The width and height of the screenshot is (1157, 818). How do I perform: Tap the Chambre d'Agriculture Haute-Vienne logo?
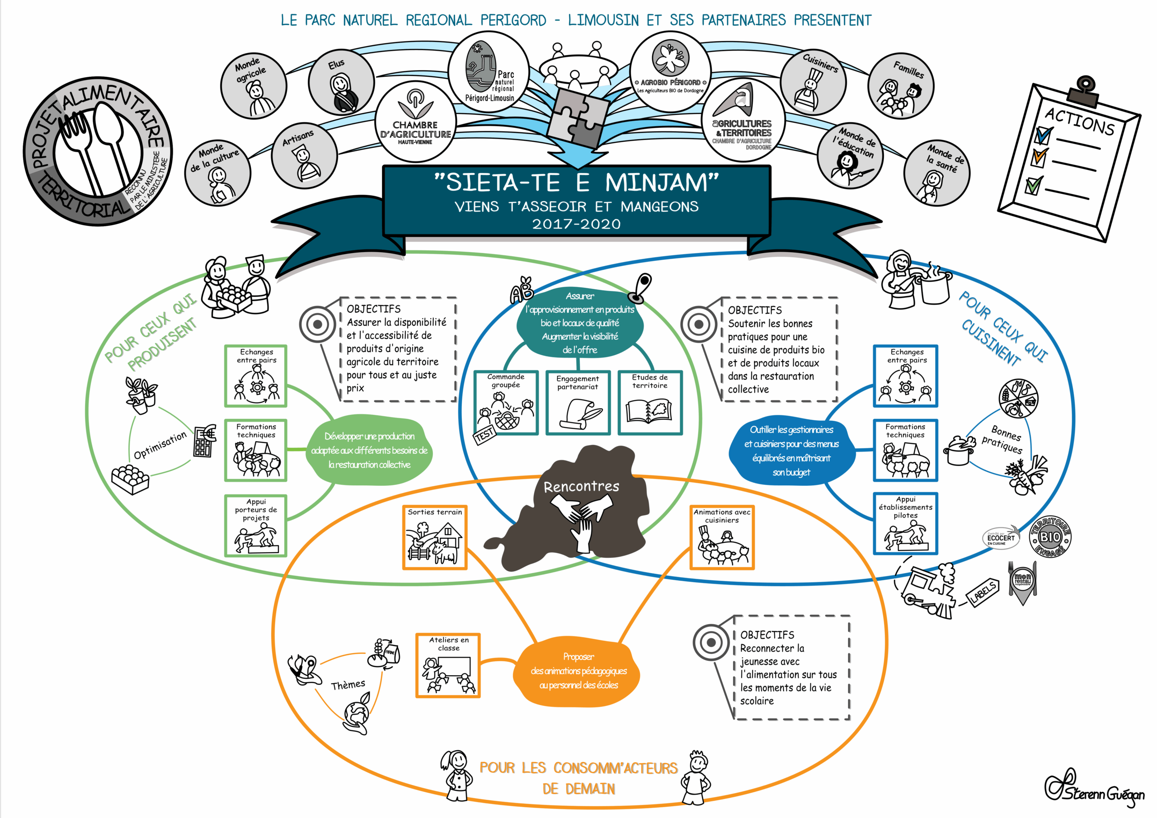[416, 122]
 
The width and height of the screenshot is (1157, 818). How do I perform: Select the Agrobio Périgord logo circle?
[670, 71]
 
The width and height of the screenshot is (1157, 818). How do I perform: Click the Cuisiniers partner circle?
[813, 82]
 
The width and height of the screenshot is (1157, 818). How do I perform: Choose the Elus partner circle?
[341, 82]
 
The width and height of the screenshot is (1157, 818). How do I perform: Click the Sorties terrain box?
[434, 537]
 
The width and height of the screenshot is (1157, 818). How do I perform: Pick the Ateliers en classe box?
[448, 665]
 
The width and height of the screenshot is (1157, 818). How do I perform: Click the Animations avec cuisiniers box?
[722, 537]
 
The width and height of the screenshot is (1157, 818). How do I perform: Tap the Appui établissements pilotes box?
[906, 524]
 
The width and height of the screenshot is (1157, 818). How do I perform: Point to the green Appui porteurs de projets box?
[255, 526]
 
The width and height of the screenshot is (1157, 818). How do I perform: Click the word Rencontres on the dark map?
[581, 486]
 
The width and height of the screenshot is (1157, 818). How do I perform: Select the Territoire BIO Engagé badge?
[1050, 537]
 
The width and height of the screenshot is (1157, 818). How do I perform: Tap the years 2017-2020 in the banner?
[577, 224]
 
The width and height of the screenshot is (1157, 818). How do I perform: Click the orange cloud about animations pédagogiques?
[578, 671]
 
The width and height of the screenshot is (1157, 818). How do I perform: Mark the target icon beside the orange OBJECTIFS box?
[711, 642]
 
